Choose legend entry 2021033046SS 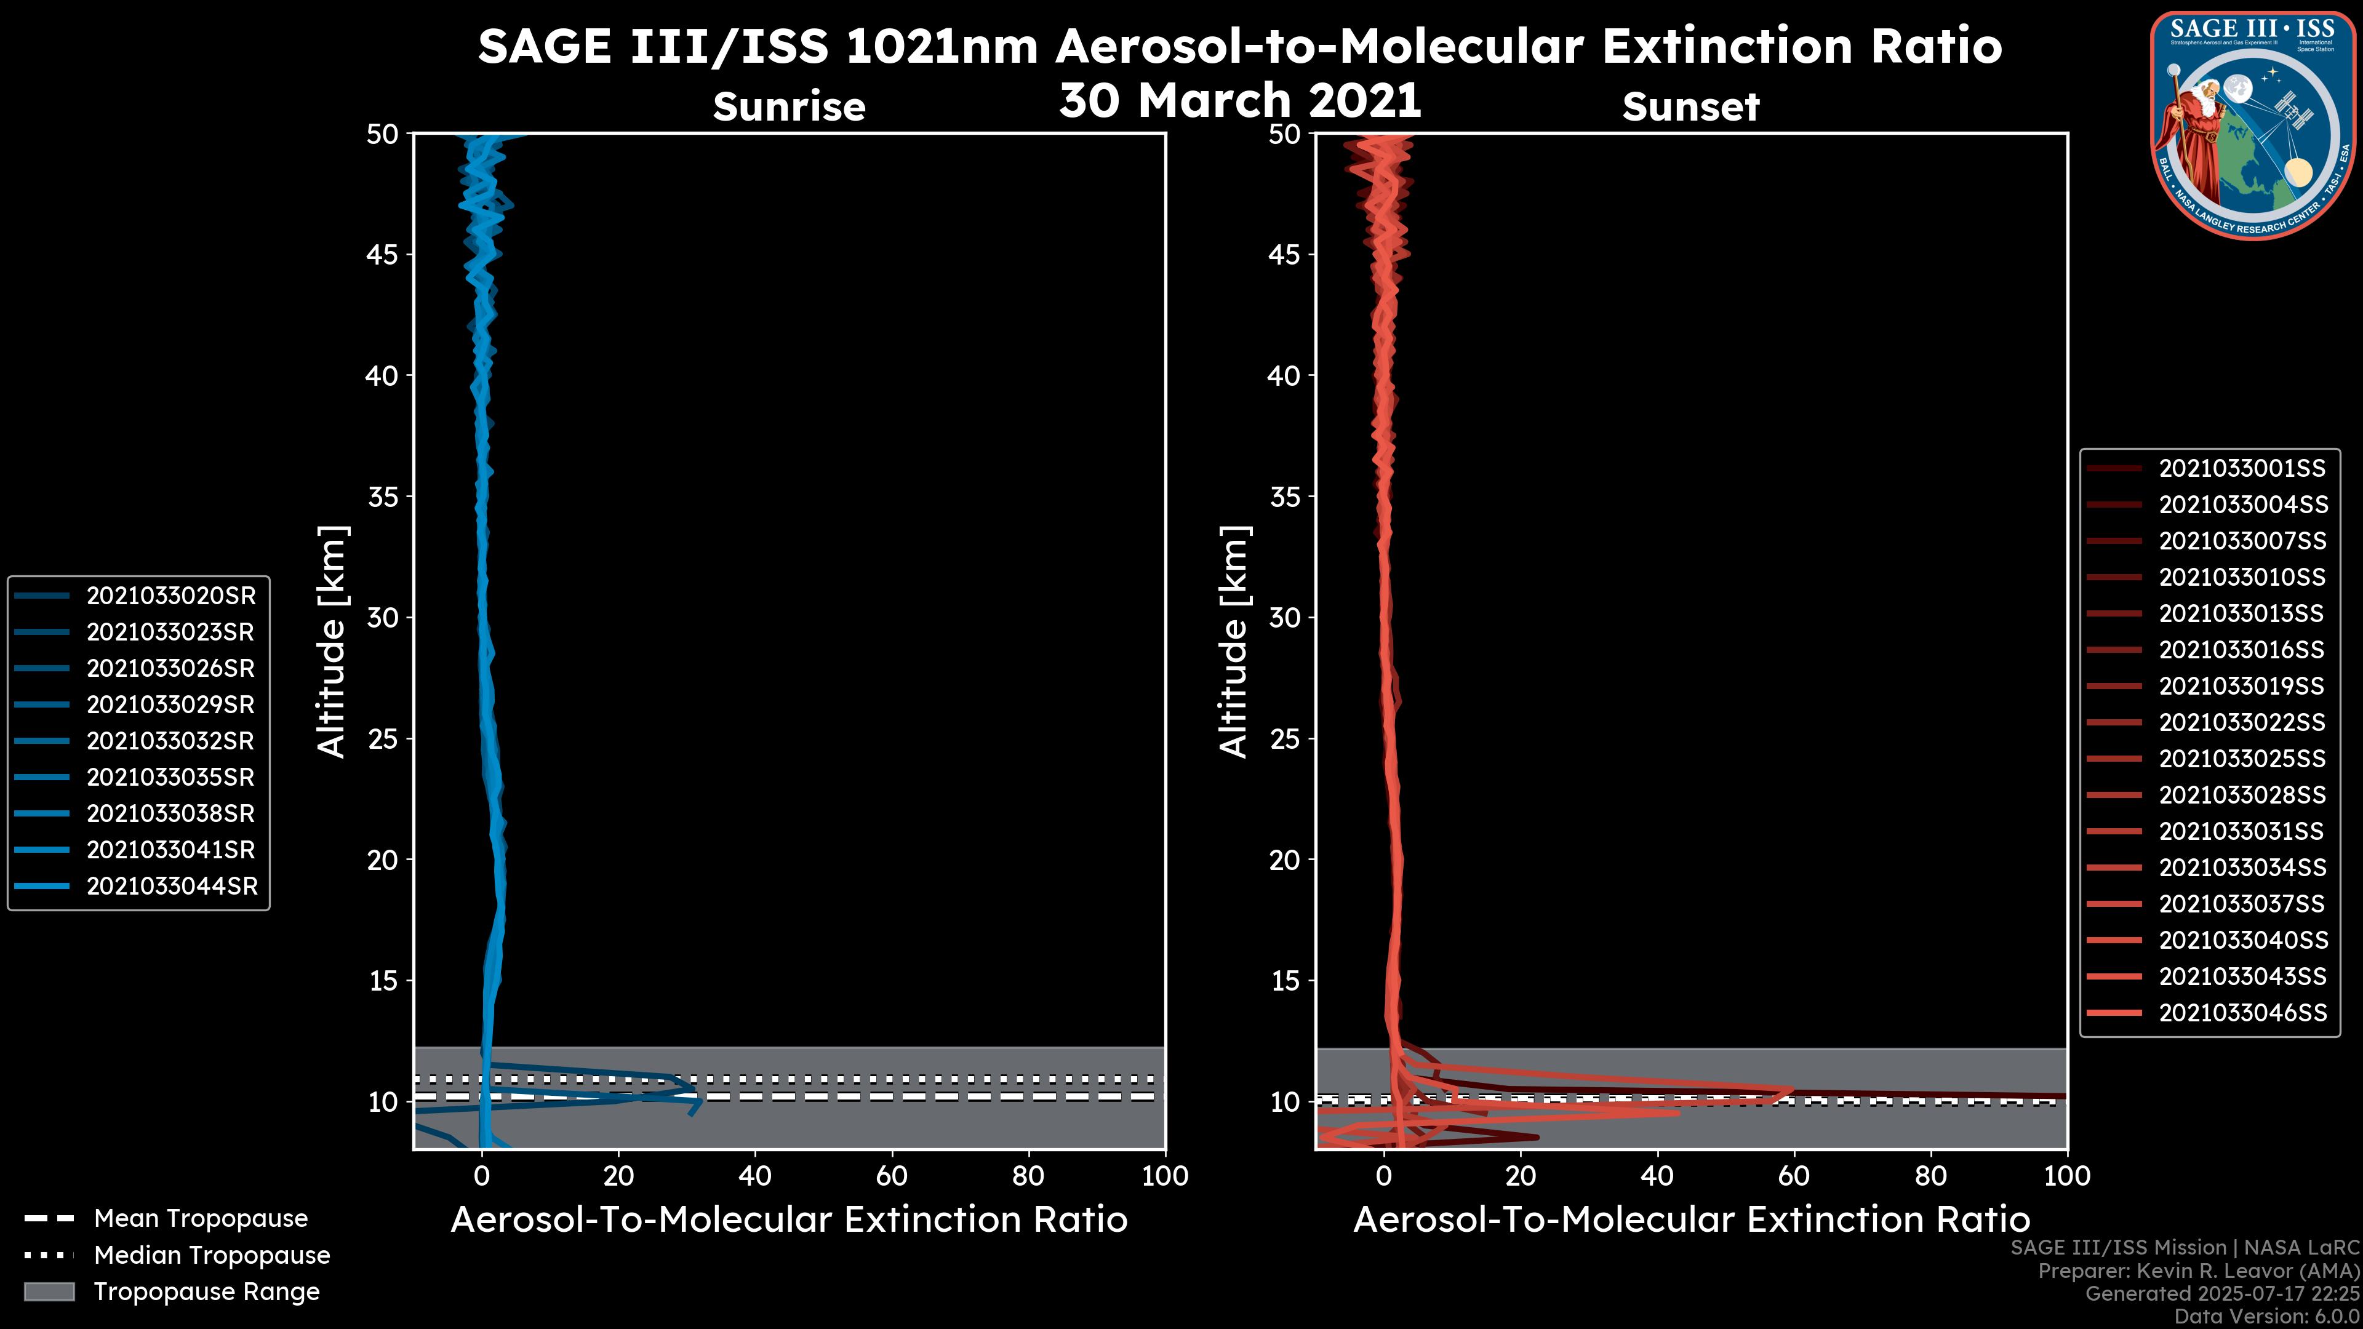2242,1013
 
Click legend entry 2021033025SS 2242,759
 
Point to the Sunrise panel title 789,107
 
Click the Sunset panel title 1690,107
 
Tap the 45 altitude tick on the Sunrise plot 383,255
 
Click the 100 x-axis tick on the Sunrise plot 1164,1176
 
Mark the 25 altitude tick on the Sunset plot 1284,739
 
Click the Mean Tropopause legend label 201,1219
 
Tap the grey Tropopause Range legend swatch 49,1292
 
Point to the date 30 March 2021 1239,100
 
